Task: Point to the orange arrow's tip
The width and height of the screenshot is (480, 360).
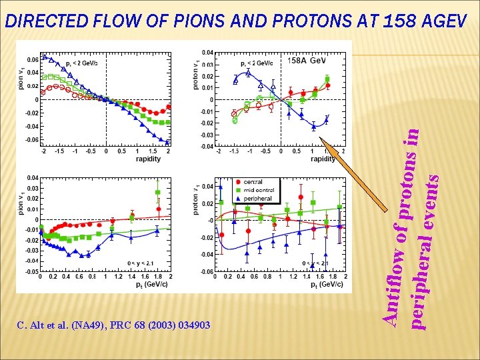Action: point(321,138)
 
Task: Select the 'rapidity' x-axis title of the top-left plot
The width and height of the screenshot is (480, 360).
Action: point(148,159)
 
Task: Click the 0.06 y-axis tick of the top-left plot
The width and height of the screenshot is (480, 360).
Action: point(32,59)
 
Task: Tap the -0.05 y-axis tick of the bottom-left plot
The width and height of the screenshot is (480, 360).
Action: point(31,271)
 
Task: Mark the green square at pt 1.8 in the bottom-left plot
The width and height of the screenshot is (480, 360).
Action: point(158,193)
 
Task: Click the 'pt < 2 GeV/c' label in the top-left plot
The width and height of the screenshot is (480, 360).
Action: point(81,63)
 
